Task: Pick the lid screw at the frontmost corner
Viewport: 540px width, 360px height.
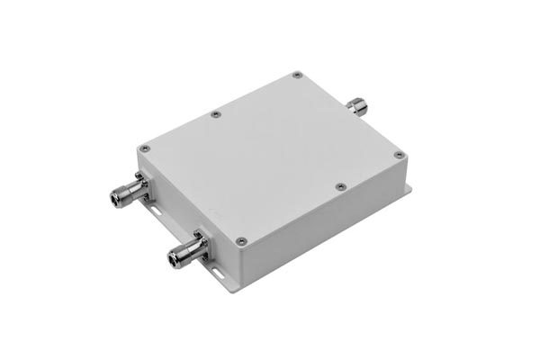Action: [240, 240]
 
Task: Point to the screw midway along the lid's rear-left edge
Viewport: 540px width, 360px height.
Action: [215, 113]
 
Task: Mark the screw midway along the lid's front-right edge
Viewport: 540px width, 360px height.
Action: [339, 186]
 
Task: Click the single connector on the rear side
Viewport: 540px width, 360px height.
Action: [359, 107]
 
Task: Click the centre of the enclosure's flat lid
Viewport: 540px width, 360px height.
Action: [270, 153]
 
